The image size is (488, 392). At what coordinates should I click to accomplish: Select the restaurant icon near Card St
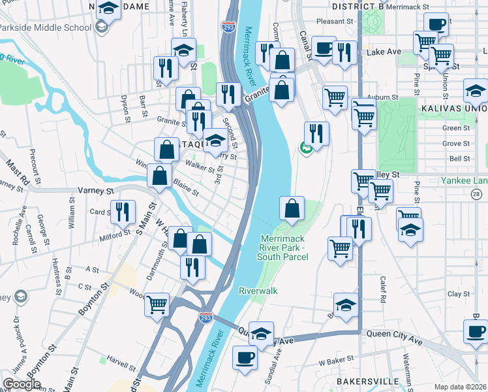point(122,212)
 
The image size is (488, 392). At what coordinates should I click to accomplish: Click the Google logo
point(22,384)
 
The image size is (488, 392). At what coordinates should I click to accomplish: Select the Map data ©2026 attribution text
point(461,387)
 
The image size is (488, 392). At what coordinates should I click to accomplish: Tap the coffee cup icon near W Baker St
point(245,358)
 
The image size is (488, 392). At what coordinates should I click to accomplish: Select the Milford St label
point(115,235)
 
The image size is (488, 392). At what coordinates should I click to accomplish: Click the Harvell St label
point(121,360)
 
